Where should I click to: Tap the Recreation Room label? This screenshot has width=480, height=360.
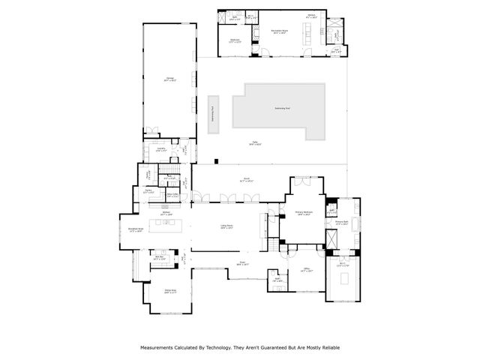(280, 31)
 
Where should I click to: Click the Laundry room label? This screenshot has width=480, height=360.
(159, 150)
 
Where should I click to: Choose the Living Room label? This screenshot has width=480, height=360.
(226, 227)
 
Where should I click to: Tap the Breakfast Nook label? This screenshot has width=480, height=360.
(136, 230)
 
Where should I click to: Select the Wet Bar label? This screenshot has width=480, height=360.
(159, 257)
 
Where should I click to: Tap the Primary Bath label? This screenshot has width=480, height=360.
(342, 223)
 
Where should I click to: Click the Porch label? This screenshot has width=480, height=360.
(245, 180)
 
